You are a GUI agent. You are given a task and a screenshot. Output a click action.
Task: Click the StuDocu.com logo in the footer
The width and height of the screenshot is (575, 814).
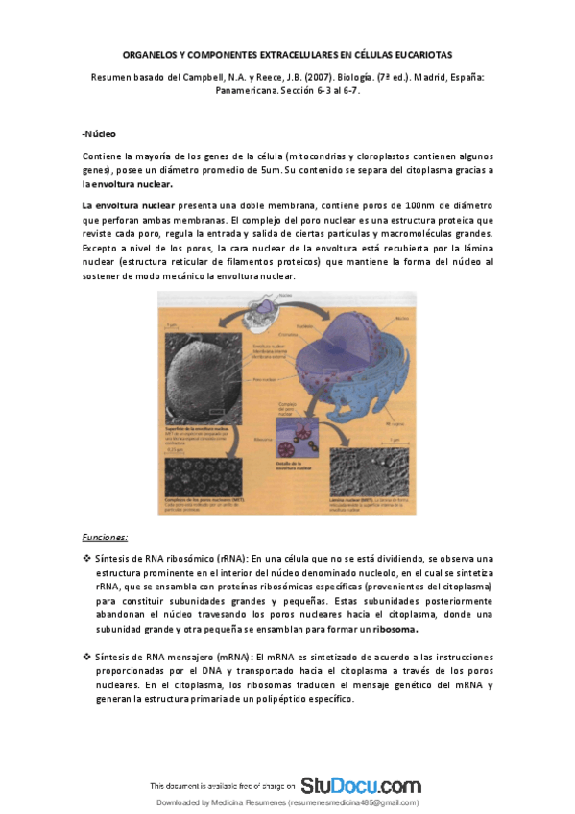(360, 784)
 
